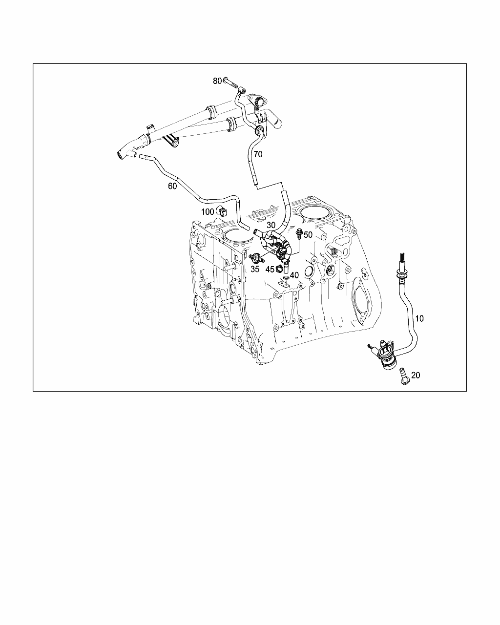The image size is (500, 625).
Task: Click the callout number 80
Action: tap(217, 81)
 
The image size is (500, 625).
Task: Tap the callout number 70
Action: tap(258, 154)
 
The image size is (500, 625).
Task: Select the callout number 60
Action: tap(172, 186)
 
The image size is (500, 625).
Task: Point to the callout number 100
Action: tap(208, 212)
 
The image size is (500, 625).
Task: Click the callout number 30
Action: tap(271, 225)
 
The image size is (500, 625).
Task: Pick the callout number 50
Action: tap(308, 235)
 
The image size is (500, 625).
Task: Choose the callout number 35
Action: tap(255, 269)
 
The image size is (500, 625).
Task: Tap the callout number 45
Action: tap(270, 270)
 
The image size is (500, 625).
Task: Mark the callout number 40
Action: tap(294, 275)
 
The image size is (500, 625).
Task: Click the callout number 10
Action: tap(419, 318)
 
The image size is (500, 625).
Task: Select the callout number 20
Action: tap(416, 375)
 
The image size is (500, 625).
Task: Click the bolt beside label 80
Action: tap(230, 83)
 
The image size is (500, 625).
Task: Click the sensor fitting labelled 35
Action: tap(256, 258)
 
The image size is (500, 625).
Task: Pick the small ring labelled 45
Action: tap(279, 269)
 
